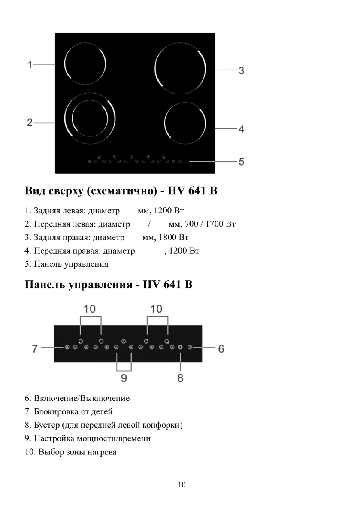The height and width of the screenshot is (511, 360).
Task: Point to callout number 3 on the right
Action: (241, 71)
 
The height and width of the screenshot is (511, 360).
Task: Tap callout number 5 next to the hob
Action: (241, 162)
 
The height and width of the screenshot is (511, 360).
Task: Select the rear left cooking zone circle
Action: (85, 65)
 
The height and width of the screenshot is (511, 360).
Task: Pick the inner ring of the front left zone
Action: (90, 117)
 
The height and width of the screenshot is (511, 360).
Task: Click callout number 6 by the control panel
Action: (221, 348)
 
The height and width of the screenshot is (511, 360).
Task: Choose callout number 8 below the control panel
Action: (181, 378)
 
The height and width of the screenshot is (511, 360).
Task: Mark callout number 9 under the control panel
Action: (124, 378)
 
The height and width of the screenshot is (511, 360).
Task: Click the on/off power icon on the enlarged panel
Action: (190, 347)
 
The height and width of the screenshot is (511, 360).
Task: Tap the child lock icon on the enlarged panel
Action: (67, 347)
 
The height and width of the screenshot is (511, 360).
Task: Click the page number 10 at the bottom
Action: (182, 485)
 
